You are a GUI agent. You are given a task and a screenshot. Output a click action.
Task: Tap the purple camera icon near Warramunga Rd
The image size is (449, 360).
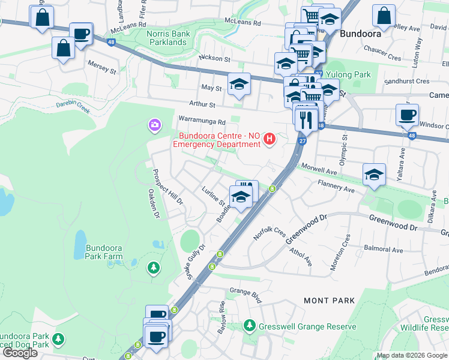point(154,125)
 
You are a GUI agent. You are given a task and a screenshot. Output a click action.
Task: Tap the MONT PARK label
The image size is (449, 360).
point(325,299)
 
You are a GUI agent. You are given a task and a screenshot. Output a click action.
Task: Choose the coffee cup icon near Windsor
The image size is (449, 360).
point(407,115)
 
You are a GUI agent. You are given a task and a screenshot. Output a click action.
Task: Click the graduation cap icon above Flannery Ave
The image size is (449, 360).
point(374,173)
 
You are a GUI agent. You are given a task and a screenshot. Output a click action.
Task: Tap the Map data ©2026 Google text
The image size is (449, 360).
point(412,356)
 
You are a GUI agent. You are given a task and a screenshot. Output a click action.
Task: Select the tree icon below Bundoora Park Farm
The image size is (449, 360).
point(154,267)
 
